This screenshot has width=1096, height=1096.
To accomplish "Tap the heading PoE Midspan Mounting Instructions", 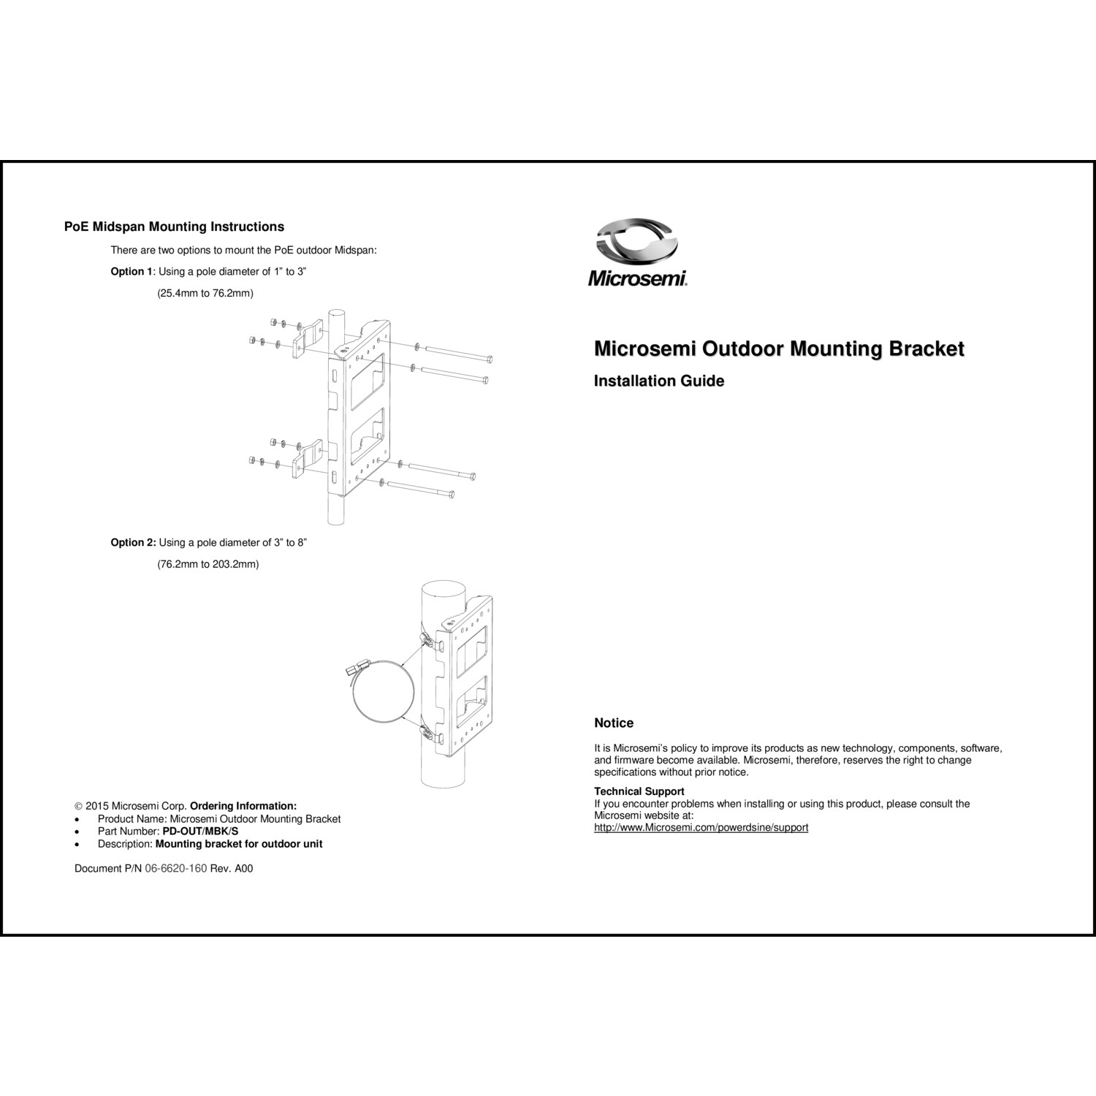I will (174, 227).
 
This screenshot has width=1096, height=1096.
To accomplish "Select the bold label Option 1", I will (132, 272).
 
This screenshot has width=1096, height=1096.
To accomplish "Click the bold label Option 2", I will (133, 543).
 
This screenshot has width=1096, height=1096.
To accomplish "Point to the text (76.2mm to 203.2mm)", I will (208, 565).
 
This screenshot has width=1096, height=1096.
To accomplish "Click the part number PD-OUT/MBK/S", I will (200, 831).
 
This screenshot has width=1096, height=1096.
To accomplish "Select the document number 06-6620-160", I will (176, 869).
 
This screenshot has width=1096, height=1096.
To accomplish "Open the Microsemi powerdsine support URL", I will (701, 828).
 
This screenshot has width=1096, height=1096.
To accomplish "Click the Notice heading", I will (614, 723).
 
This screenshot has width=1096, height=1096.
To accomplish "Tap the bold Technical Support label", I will (639, 791).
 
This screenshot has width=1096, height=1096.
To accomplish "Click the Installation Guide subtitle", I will (659, 381).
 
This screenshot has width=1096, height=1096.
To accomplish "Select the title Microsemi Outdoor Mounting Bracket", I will (779, 349).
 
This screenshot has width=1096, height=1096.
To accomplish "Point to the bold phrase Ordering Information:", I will (243, 807).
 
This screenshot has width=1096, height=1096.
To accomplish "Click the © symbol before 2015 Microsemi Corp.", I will (79, 807).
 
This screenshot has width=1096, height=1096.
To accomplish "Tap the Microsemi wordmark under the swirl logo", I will (637, 278).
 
